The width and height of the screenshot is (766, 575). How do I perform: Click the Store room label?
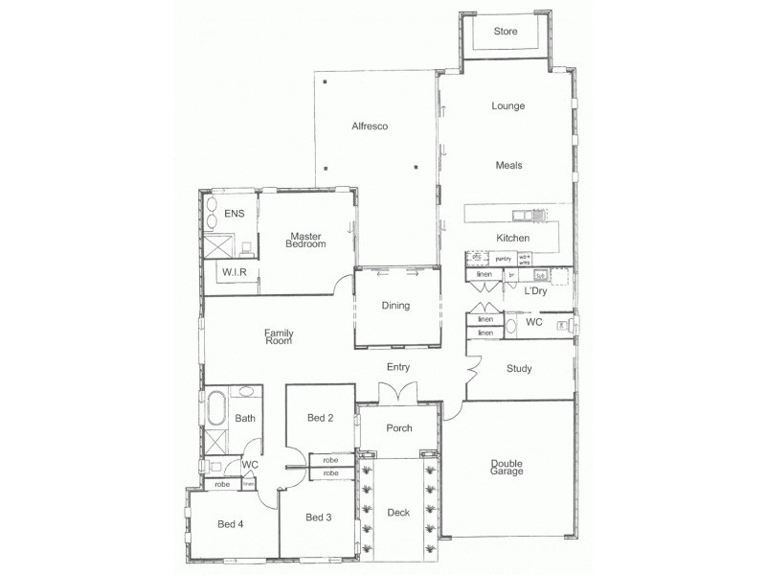pyautogui.click(x=506, y=32)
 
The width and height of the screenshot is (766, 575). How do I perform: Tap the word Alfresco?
pyautogui.click(x=369, y=126)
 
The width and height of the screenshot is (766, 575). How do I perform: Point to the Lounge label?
pyautogui.click(x=507, y=106)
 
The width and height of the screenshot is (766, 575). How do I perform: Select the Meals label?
pyautogui.click(x=508, y=165)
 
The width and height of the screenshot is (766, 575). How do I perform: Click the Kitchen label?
pyautogui.click(x=512, y=238)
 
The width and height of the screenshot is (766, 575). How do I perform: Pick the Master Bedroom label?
pyautogui.click(x=306, y=240)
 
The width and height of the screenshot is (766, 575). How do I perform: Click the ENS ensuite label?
pyautogui.click(x=235, y=213)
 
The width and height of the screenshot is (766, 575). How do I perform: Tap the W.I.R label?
pyautogui.click(x=236, y=273)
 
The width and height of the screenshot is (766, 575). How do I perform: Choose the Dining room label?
pyautogui.click(x=395, y=306)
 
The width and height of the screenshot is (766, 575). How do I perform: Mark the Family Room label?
pyautogui.click(x=279, y=337)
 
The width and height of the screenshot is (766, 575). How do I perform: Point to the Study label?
pyautogui.click(x=520, y=368)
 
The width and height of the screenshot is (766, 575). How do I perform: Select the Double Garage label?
pyautogui.click(x=507, y=467)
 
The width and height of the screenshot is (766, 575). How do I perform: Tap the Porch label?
pyautogui.click(x=398, y=428)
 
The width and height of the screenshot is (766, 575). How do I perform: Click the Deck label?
pyautogui.click(x=398, y=513)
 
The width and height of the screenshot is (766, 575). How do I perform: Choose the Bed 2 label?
pyautogui.click(x=320, y=418)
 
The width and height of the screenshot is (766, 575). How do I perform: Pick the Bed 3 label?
pyautogui.click(x=318, y=517)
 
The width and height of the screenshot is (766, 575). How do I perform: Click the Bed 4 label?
pyautogui.click(x=231, y=523)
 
